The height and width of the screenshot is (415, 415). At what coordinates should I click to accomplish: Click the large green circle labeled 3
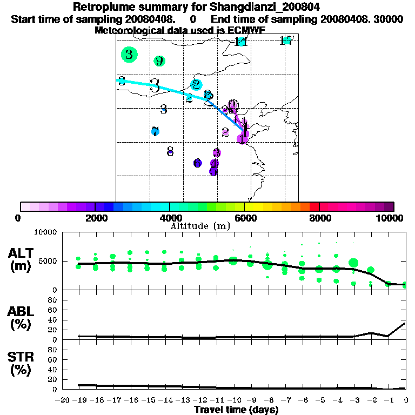coord(129,54)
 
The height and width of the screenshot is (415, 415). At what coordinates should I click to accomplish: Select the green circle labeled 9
coord(159,61)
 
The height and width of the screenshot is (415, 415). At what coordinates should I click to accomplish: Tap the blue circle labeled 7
coord(155,131)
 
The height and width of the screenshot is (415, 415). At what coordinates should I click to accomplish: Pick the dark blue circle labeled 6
coord(198,163)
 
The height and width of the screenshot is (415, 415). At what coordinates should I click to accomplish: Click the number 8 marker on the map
coord(170,151)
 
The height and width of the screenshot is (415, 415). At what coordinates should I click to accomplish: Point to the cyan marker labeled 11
coord(241,42)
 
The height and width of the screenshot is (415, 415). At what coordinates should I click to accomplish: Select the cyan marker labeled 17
coord(287,41)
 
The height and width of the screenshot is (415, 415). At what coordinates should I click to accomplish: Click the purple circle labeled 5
coord(213,171)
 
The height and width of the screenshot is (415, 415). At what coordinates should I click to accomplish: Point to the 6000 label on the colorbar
coord(244,218)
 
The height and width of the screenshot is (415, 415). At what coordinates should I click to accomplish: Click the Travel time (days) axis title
coord(236,410)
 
